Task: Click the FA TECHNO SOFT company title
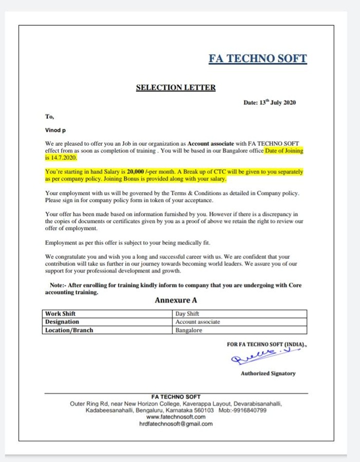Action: pyautogui.click(x=257, y=59)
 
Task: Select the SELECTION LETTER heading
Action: pyautogui.click(x=176, y=88)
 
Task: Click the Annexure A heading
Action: pyautogui.click(x=176, y=300)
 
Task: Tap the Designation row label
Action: pyautogui.click(x=62, y=322)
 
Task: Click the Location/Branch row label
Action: pyautogui.click(x=69, y=330)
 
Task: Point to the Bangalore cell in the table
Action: pyautogui.click(x=188, y=330)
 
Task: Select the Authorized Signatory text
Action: pyautogui.click(x=268, y=373)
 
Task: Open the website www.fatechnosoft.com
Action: pyautogui.click(x=176, y=417)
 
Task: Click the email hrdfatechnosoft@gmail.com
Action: pyautogui.click(x=176, y=424)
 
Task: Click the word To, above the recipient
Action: pyautogui.click(x=49, y=118)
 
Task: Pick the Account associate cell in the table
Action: pyautogui.click(x=198, y=322)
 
